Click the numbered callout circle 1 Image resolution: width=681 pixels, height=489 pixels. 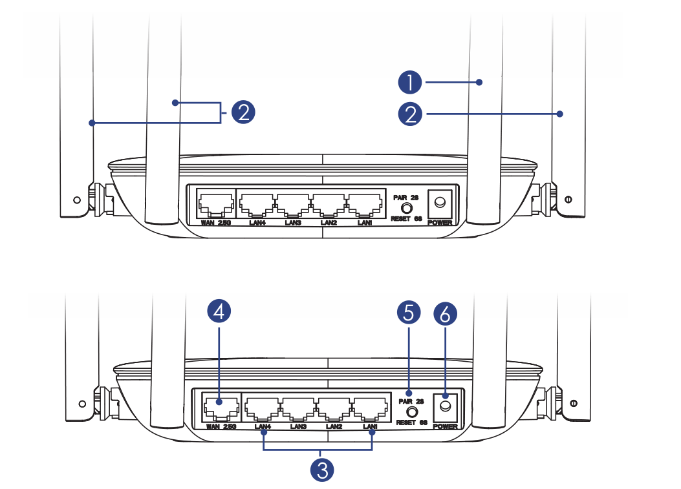410,83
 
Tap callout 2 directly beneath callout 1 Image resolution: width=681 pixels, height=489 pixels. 410,114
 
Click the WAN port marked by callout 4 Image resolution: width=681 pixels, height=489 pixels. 220,406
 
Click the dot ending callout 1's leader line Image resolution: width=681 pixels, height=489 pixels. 479,82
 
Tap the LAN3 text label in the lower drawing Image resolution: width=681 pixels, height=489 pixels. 298,426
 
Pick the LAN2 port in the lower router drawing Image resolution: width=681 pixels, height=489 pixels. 334,407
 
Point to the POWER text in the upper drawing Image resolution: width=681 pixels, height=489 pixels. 440,222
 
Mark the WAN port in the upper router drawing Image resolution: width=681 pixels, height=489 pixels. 215,205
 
